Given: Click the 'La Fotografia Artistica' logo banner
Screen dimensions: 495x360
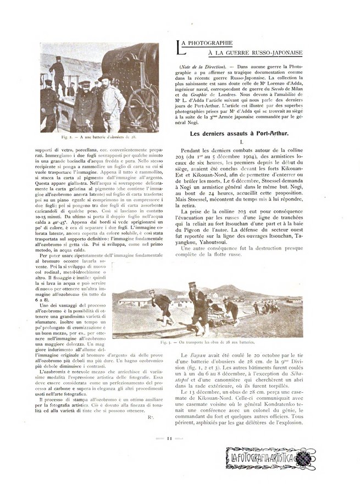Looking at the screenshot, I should (270, 458).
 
